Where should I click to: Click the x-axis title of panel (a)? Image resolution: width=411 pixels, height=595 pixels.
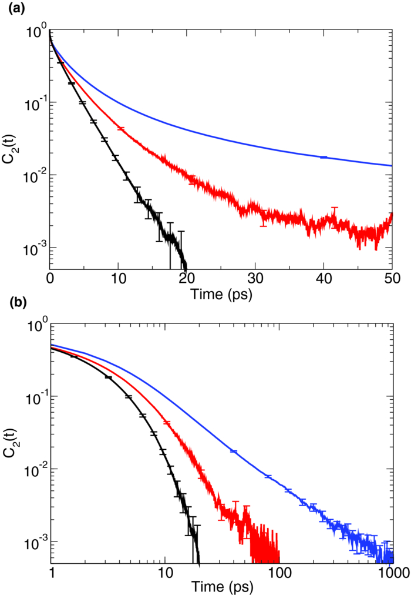point(221,294)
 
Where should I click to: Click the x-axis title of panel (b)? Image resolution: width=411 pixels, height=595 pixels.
point(221,586)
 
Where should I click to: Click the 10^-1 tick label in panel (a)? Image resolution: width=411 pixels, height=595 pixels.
point(36,102)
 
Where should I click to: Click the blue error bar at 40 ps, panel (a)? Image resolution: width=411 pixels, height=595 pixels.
point(324,157)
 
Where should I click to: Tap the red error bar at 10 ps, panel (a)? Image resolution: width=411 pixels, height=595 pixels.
point(120,128)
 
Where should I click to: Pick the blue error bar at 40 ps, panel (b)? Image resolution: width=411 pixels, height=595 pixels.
point(233,451)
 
